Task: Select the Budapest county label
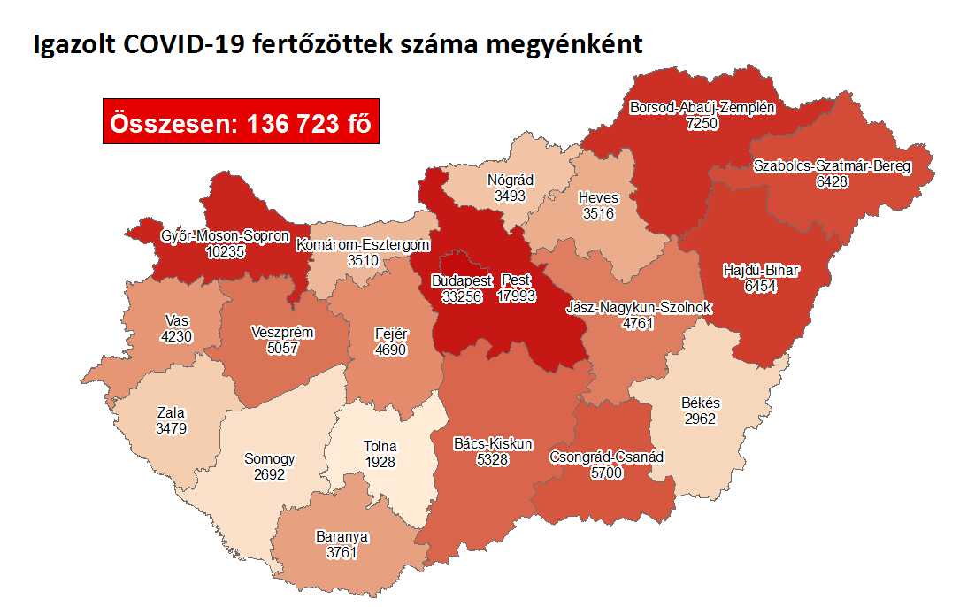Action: point(461,281)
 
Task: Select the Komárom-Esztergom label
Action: point(364,244)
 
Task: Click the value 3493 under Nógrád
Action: point(511,196)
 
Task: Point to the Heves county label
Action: point(599,197)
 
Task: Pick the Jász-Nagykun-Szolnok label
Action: point(639,308)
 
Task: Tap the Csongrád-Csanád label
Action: point(606,457)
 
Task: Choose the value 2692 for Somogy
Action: point(270,474)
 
